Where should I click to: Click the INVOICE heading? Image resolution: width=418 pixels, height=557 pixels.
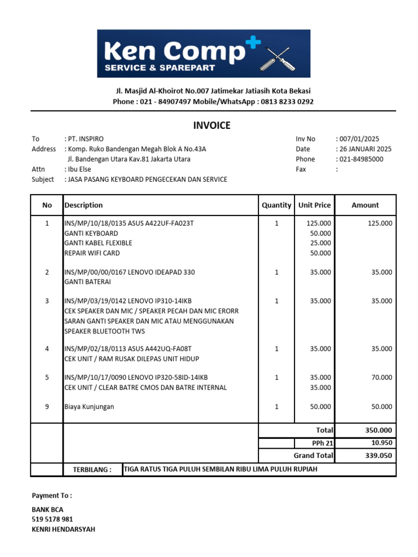coord(212,126)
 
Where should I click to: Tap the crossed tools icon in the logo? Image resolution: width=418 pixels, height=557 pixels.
coord(278,58)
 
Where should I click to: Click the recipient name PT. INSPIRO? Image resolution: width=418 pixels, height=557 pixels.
coord(85,139)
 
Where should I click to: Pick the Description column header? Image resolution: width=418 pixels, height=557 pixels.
coord(83,205)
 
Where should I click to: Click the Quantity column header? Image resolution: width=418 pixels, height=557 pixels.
coord(276,205)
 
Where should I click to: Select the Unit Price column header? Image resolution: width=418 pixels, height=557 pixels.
coord(314,205)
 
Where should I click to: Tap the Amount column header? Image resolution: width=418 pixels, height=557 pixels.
coord(365,205)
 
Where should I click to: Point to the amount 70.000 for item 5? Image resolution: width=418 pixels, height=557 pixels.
coord(382,377)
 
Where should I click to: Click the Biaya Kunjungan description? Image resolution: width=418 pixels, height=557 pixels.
coord(89,407)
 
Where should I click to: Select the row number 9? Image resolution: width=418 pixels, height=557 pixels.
coord(47,407)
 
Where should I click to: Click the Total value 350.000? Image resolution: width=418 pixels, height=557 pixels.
coord(378,430)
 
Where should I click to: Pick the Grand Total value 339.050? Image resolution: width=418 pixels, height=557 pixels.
coord(378,455)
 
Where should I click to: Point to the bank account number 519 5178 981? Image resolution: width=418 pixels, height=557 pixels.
coord(52,519)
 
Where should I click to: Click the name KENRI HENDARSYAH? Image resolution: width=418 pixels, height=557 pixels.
coord(63,529)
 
